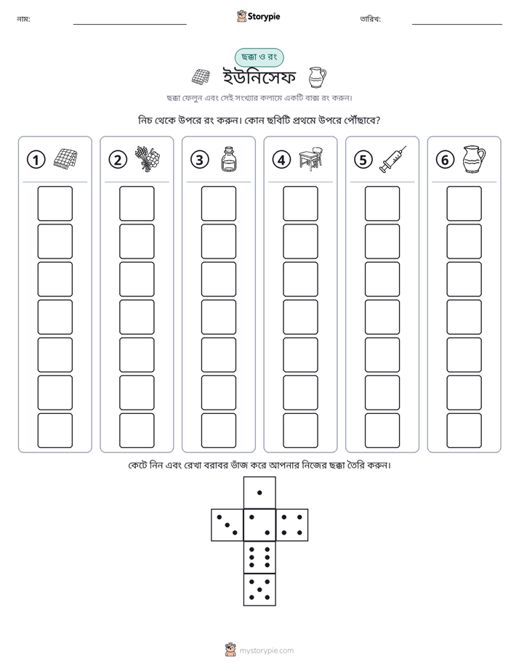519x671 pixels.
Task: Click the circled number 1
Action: (36, 160)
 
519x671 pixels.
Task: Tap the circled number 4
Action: (281, 160)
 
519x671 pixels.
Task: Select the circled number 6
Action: (445, 160)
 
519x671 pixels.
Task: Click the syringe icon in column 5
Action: (393, 159)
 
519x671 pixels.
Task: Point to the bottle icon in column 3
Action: (229, 159)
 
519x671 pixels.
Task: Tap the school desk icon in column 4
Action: (311, 159)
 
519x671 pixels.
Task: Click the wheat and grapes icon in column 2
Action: (148, 159)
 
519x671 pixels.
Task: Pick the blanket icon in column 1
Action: (65, 160)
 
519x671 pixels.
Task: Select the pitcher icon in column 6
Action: (474, 159)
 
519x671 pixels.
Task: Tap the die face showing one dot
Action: (259, 492)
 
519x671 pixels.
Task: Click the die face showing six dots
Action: (259, 557)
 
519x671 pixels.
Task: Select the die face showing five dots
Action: (259, 589)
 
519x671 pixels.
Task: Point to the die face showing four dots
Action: (292, 525)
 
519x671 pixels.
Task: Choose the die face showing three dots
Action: (228, 525)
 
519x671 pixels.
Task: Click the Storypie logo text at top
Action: (264, 17)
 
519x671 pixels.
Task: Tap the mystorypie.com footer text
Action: (266, 651)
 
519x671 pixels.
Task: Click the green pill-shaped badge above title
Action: (259, 57)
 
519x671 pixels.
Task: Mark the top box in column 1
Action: (55, 203)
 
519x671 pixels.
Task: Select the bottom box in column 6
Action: (464, 431)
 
